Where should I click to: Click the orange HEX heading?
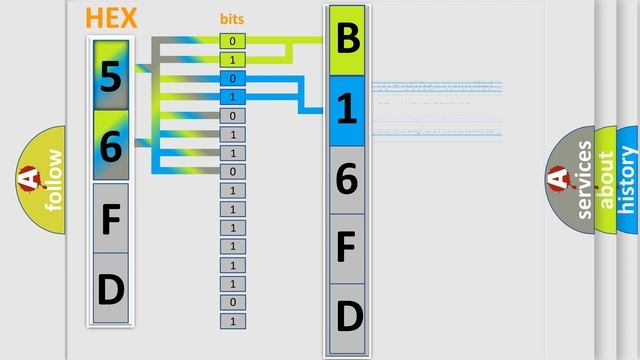tap(111, 18)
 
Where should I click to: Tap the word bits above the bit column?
tap(232, 19)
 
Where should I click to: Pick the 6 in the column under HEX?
tap(111, 147)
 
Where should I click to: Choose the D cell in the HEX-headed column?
tap(111, 289)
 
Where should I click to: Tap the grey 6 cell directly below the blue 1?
tap(347, 179)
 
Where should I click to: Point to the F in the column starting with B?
tap(347, 247)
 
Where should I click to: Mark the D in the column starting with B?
tap(347, 316)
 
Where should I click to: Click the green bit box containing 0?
tap(232, 41)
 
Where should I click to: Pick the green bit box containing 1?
tap(232, 60)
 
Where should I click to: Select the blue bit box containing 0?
tap(232, 78)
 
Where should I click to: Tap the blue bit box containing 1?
tap(232, 97)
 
